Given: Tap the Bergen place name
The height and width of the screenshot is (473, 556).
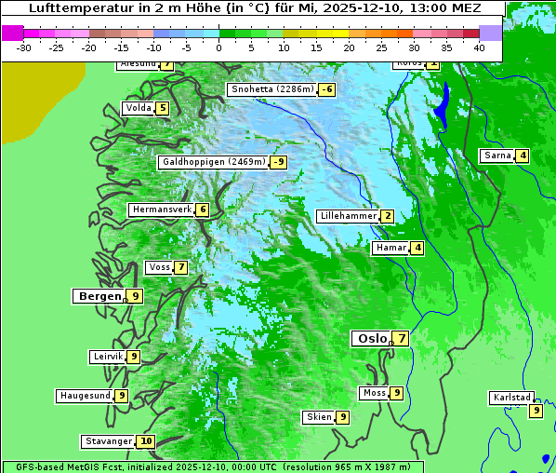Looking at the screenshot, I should pos(98,296).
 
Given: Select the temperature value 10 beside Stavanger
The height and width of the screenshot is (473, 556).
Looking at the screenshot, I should pos(146,441).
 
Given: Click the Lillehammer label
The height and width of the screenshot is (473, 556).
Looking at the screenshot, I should pos(348,216).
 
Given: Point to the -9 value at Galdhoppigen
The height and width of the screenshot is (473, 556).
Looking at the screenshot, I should pos(278,162).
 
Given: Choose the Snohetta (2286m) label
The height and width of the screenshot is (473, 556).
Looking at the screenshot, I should pos(271,89).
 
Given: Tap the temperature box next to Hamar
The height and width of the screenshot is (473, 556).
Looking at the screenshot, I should pos(418,248).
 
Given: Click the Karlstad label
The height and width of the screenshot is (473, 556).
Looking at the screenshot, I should pos(511,398).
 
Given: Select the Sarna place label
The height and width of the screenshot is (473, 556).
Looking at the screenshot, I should pos(497,155).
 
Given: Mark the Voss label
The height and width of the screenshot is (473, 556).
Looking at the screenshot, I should pos(159,267).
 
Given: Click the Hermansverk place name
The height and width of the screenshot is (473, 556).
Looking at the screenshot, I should pos(161,209).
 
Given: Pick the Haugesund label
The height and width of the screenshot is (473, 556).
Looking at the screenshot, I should pos(86,396).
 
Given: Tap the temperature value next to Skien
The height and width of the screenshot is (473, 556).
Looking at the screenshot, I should pos(343,417).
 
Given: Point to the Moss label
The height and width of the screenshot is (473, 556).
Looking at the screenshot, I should pos(374,393).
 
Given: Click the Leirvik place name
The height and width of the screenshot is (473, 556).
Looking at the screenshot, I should pos(108,357).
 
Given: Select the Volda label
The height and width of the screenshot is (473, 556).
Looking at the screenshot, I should pos(139,108).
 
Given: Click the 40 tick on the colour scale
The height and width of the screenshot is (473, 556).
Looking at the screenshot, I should pos(479,47).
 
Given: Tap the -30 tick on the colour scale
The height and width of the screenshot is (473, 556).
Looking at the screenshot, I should pos(24,47).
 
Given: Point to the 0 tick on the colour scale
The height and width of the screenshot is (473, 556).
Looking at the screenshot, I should pos(219,47).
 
